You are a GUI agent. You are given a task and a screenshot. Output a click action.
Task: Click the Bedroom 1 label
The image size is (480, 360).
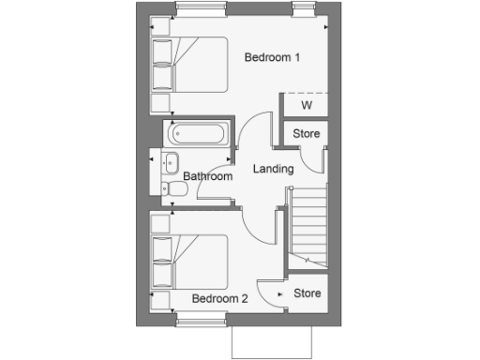coord(272,58)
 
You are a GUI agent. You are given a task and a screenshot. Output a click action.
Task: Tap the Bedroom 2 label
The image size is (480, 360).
coord(219,299)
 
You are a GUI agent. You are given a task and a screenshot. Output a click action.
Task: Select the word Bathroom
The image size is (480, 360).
coord(207,176)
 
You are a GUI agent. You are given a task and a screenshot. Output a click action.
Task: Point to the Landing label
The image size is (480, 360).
coord(274,170)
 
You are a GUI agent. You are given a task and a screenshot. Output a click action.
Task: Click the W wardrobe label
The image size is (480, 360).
coord(306,105)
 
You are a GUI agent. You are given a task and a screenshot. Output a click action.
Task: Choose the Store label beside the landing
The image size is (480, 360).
coord(307,134)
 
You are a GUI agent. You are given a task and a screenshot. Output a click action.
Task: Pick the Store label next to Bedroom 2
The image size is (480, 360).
coord(307,293)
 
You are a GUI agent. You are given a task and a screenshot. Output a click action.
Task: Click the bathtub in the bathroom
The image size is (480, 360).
coord(198,134)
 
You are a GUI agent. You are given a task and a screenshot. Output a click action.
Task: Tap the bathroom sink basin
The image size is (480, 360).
coord(172,164)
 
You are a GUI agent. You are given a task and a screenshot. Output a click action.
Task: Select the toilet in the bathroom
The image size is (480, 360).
coord(175,190)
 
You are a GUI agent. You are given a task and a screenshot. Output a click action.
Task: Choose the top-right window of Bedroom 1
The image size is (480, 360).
coord(304,7)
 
